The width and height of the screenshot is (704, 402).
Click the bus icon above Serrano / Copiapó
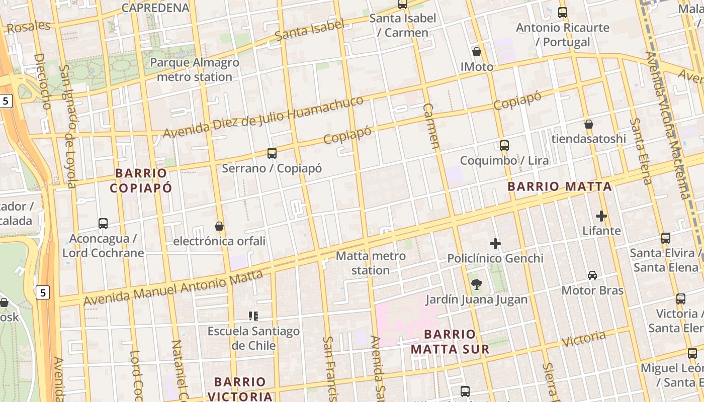coord(272,153)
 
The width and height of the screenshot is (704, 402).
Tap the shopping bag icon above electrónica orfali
coord(219,226)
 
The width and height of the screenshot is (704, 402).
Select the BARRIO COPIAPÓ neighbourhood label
coord(141,180)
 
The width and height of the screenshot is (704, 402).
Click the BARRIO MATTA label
coord(560,187)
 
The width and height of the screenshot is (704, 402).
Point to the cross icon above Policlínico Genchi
coord(495,244)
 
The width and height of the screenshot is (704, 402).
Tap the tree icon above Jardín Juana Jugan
coord(476,285)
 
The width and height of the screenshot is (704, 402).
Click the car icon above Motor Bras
coord(592,275)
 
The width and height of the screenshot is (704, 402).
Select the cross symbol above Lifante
coord(601,216)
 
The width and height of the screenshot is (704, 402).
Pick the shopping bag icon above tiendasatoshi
coord(589,124)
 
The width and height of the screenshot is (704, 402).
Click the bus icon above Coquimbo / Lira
coord(504,146)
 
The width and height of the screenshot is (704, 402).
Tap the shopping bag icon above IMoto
coord(477,52)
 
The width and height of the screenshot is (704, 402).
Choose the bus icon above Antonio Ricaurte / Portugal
coord(563,13)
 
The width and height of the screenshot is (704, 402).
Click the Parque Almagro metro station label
coord(195,70)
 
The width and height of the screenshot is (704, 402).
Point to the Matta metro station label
coord(371,263)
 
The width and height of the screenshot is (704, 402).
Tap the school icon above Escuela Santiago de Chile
coord(253,316)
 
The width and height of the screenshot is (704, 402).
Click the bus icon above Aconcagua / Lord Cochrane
coord(103,224)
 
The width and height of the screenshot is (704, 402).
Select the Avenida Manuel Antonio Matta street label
coord(173,288)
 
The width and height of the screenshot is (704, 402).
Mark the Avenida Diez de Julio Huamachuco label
coord(263,117)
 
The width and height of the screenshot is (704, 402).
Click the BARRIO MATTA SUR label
coord(450,342)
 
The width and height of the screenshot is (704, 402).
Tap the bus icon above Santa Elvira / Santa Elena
coord(666,238)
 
